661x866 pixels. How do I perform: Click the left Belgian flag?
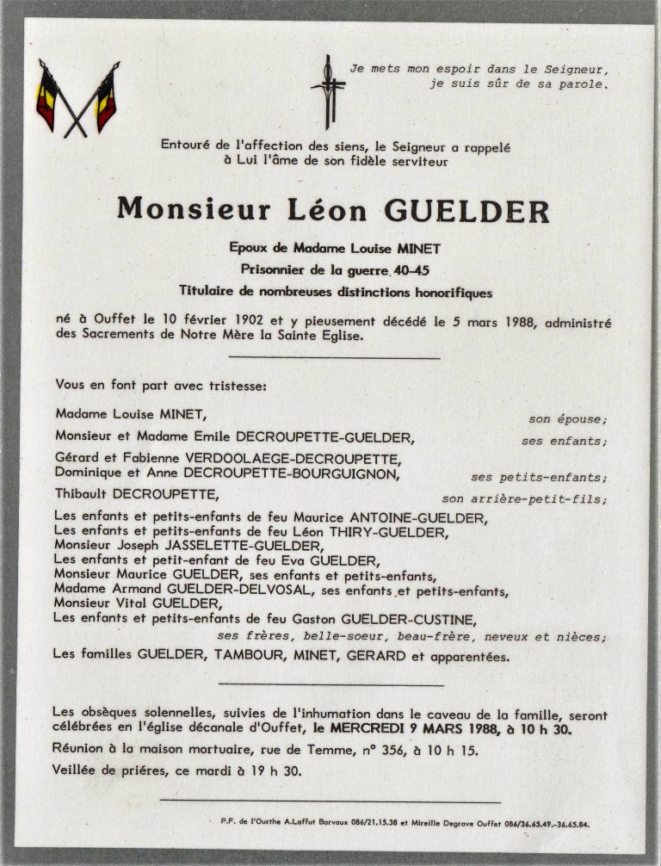(47, 96)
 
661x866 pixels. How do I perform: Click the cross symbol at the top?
(327, 91)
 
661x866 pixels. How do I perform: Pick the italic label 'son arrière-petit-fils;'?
(524, 498)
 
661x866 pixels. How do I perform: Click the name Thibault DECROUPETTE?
(136, 494)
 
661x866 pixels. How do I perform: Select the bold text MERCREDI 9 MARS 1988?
(413, 729)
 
